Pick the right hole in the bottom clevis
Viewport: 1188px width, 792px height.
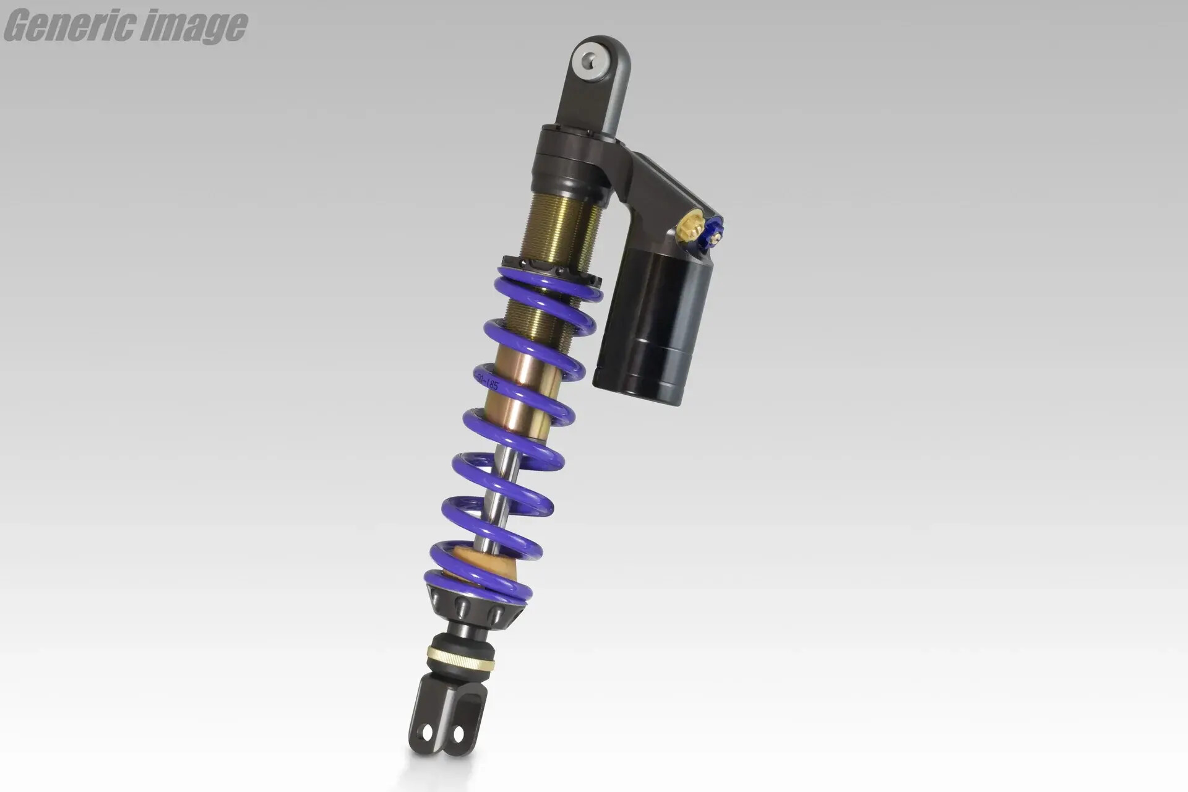[458, 734]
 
